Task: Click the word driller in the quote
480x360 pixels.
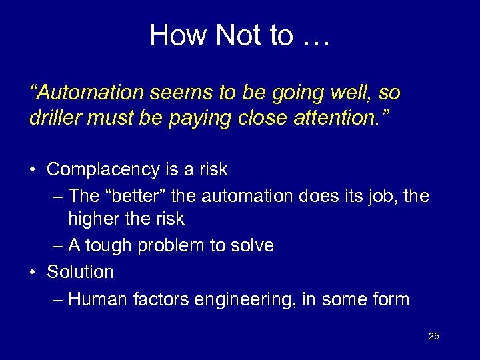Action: [x=54, y=119]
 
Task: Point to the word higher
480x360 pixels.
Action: [x=90, y=219]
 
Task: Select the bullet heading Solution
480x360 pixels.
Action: [x=80, y=272]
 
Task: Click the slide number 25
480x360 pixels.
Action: [x=434, y=336]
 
